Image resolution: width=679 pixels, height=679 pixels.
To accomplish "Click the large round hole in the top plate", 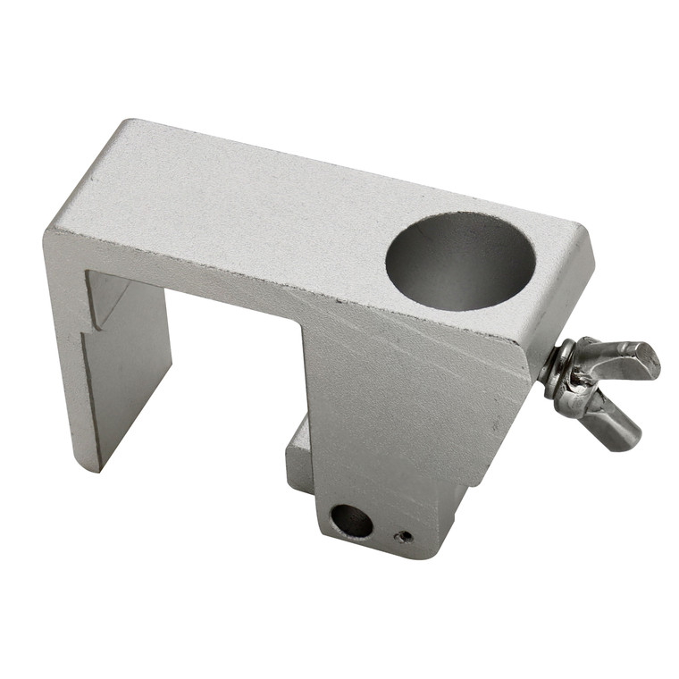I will coord(460,261).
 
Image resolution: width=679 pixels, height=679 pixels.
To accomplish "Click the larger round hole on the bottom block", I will coord(350,521).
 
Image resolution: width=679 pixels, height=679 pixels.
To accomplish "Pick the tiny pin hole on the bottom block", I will coord(405,537).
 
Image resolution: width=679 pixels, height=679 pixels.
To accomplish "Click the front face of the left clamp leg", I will coord(67,357).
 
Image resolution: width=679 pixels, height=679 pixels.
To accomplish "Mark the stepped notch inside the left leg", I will coord(103,313).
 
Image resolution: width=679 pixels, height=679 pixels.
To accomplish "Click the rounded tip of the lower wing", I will coord(630,438).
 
